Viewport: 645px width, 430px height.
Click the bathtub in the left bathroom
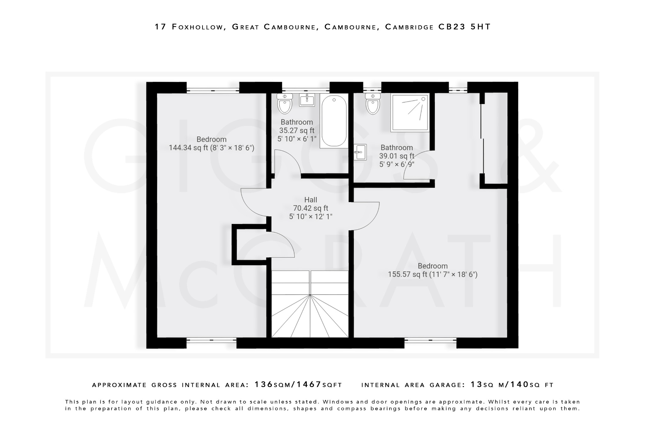coord(334,121)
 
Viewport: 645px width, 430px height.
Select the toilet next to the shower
coord(373,104)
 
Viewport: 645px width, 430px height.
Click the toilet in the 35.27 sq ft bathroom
coord(285,104)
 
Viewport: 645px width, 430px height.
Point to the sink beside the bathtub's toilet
coord(307,100)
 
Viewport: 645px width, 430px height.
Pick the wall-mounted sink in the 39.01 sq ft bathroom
coord(360,152)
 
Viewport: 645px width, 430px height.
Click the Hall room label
coord(311,200)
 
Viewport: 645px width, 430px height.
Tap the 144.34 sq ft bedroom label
coord(211,144)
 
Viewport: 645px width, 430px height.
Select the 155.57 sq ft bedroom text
coord(432,270)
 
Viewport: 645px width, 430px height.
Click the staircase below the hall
coord(310,304)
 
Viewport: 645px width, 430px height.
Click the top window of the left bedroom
coord(213,90)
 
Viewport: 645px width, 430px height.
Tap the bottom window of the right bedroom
coord(430,340)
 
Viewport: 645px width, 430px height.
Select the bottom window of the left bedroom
coord(211,340)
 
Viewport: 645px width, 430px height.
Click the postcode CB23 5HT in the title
coord(465,27)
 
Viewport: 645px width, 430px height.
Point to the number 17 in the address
coord(160,27)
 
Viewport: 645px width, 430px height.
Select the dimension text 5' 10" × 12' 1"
coord(311,217)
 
